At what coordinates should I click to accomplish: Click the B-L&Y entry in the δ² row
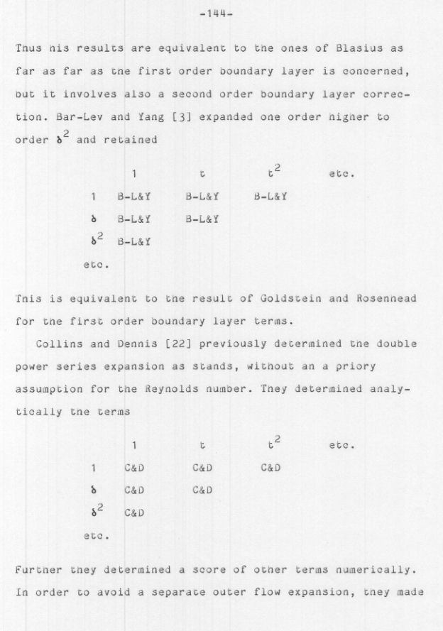tap(134, 242)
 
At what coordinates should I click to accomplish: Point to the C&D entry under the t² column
tap(270, 468)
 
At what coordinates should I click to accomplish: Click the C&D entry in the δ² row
tap(134, 513)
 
